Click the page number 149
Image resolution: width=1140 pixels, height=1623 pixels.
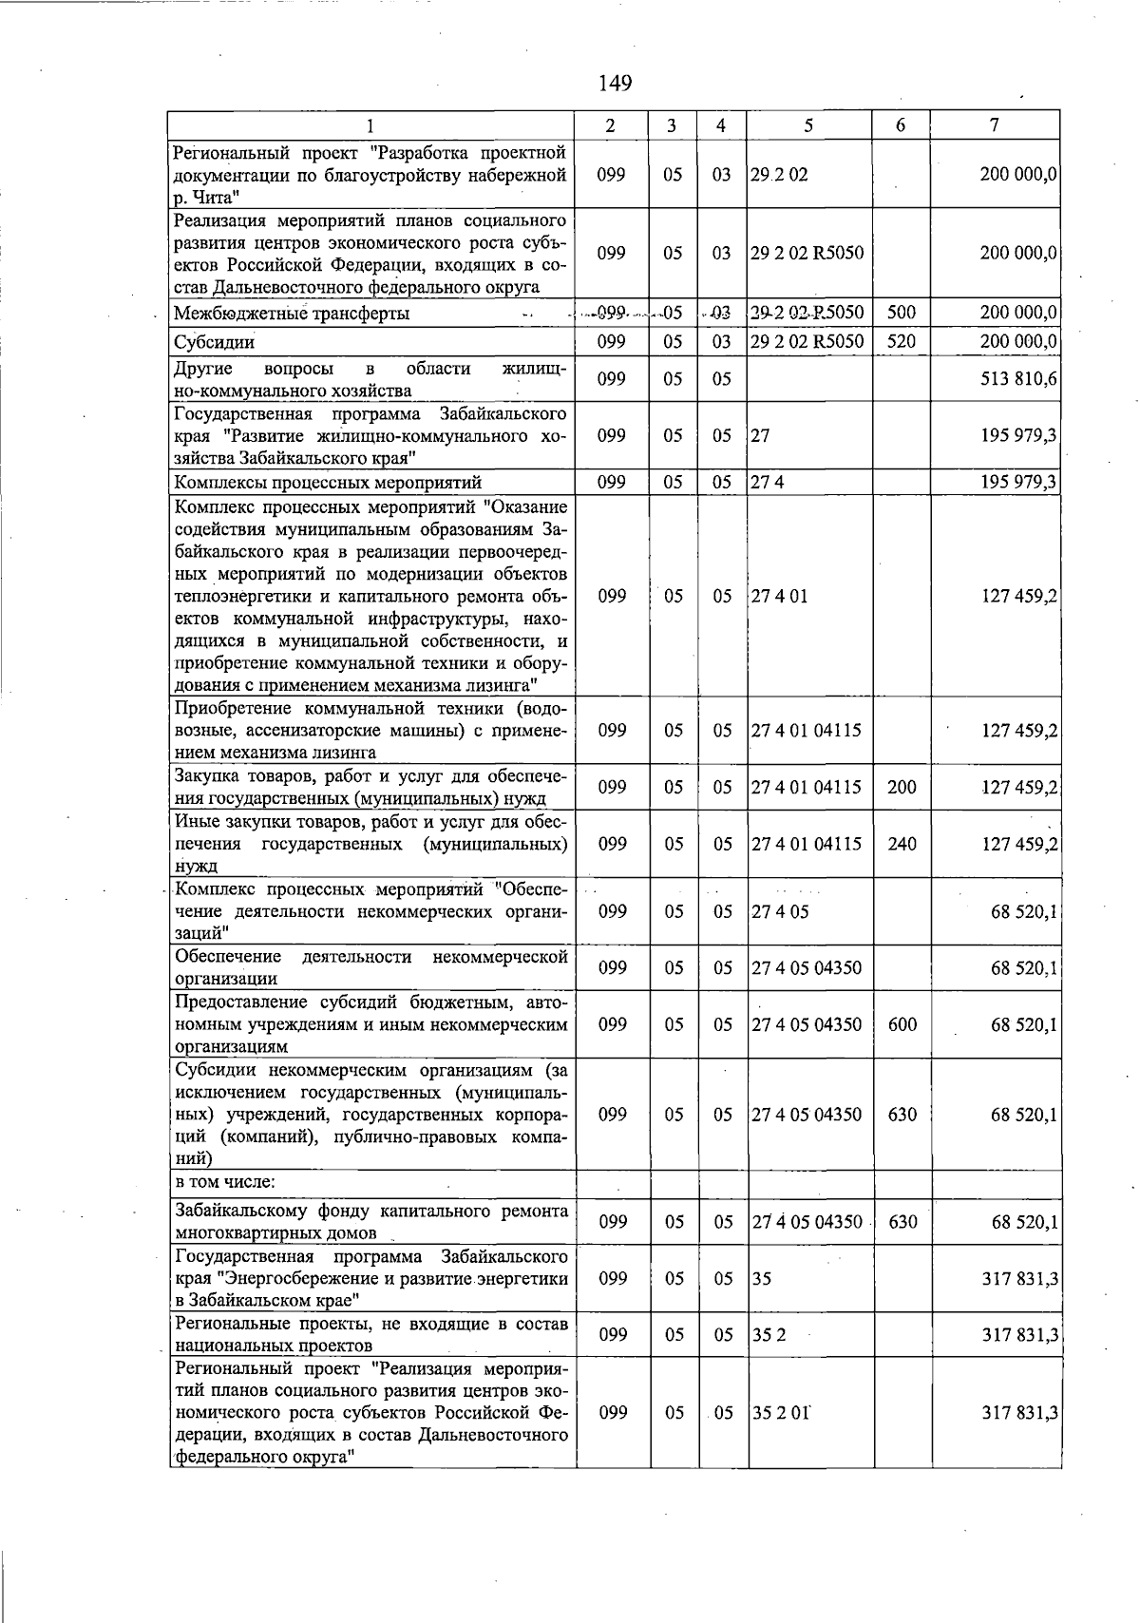click(616, 84)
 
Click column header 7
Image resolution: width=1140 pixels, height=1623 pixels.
click(994, 124)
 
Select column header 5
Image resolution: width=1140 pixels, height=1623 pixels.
click(807, 124)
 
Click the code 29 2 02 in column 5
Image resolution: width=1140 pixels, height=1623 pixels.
click(779, 175)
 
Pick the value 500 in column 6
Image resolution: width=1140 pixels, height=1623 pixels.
click(901, 312)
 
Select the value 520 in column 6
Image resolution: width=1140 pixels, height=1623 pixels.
click(901, 341)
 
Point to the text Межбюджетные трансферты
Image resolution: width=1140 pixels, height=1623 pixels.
click(293, 313)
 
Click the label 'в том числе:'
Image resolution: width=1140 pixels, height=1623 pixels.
click(225, 1182)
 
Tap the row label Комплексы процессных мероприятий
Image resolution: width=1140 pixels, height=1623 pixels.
click(329, 483)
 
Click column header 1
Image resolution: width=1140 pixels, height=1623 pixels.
click(370, 124)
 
